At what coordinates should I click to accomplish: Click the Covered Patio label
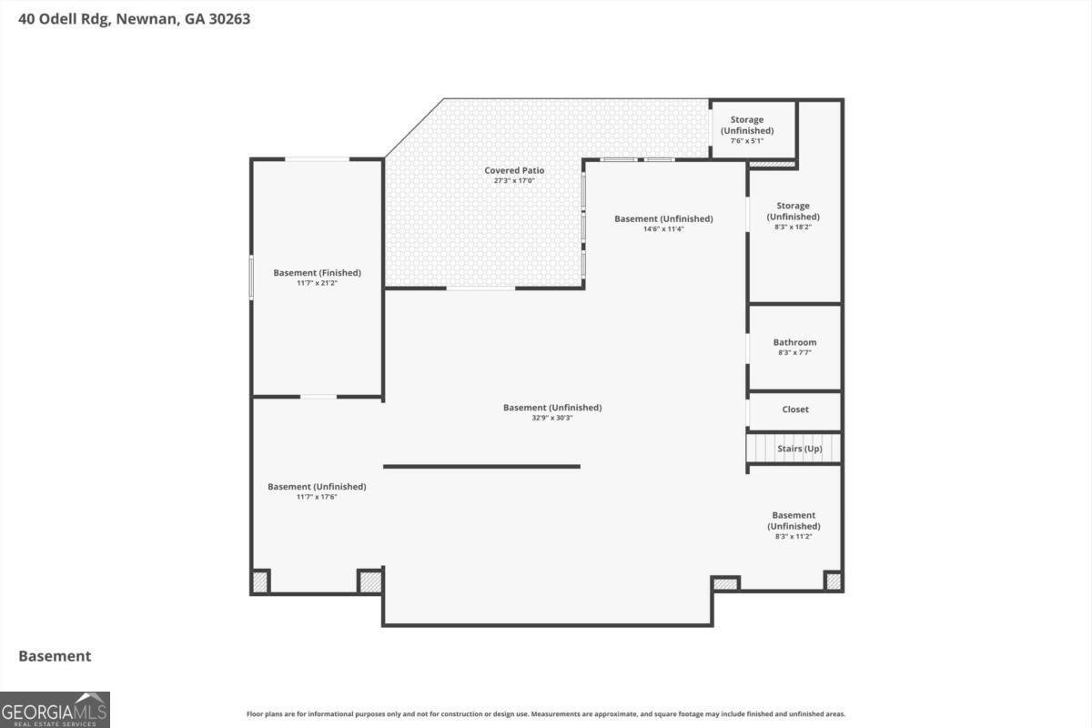pyautogui.click(x=514, y=170)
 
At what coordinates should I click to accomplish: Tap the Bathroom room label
pyautogui.click(x=794, y=342)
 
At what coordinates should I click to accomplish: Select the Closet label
pyautogui.click(x=795, y=409)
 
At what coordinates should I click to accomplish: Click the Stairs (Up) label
pyautogui.click(x=799, y=449)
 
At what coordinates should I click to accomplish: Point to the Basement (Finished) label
pyautogui.click(x=317, y=272)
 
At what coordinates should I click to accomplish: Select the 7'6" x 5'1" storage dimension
pyautogui.click(x=747, y=141)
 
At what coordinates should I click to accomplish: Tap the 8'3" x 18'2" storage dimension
pyautogui.click(x=793, y=227)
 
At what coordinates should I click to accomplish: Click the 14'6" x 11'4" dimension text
pyautogui.click(x=662, y=229)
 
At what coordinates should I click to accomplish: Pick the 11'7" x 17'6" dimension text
pyautogui.click(x=317, y=497)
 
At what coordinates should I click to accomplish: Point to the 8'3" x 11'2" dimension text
pyautogui.click(x=794, y=537)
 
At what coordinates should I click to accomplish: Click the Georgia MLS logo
pyautogui.click(x=55, y=709)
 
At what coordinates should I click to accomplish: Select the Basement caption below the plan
pyautogui.click(x=55, y=656)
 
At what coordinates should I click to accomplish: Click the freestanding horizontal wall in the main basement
pyautogui.click(x=481, y=467)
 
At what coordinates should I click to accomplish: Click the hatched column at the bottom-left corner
pyautogui.click(x=260, y=581)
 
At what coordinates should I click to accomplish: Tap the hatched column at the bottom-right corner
pyautogui.click(x=833, y=581)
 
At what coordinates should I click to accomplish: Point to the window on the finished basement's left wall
pyautogui.click(x=252, y=277)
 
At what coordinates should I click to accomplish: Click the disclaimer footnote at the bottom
pyautogui.click(x=546, y=714)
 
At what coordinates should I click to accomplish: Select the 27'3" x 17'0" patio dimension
pyautogui.click(x=514, y=181)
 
